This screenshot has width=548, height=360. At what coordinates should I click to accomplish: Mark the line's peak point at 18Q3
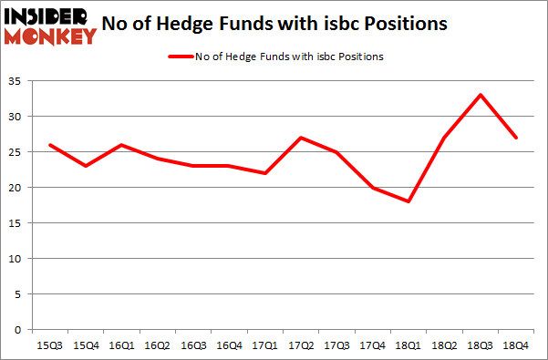point(481,95)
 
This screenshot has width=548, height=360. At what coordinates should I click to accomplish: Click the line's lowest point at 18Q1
point(408,201)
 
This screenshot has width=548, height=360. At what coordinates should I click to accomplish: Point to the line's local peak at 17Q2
point(301,138)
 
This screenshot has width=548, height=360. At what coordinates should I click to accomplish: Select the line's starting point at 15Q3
point(49,145)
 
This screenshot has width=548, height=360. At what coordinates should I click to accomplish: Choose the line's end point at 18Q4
point(516,138)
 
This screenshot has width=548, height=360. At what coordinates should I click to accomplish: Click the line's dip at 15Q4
point(85,166)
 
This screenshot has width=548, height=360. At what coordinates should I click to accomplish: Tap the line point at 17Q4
point(373,188)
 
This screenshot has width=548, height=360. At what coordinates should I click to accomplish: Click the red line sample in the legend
point(180,57)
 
